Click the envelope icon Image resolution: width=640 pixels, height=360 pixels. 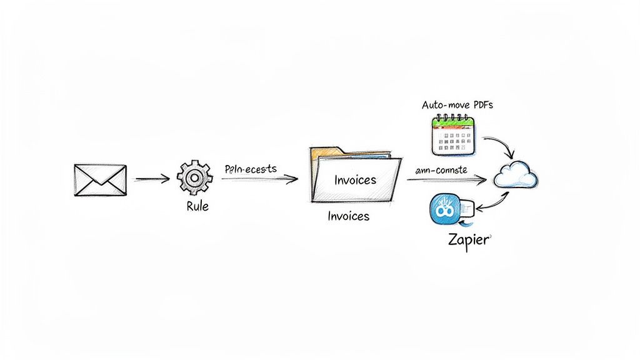[100, 180]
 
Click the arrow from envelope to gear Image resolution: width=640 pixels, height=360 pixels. [151, 180]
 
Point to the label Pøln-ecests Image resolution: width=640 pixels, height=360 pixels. [250, 169]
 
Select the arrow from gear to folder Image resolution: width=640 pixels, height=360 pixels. [259, 179]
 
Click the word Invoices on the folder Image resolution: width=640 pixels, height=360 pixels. [355, 180]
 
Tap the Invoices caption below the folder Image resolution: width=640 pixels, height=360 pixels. [348, 216]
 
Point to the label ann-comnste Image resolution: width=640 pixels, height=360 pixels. [441, 169]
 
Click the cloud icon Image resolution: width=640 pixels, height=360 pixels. [516, 175]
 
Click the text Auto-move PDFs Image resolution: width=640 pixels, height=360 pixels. [457, 105]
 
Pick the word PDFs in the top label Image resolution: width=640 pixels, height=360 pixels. [481, 105]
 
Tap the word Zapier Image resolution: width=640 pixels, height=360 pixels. [467, 240]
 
